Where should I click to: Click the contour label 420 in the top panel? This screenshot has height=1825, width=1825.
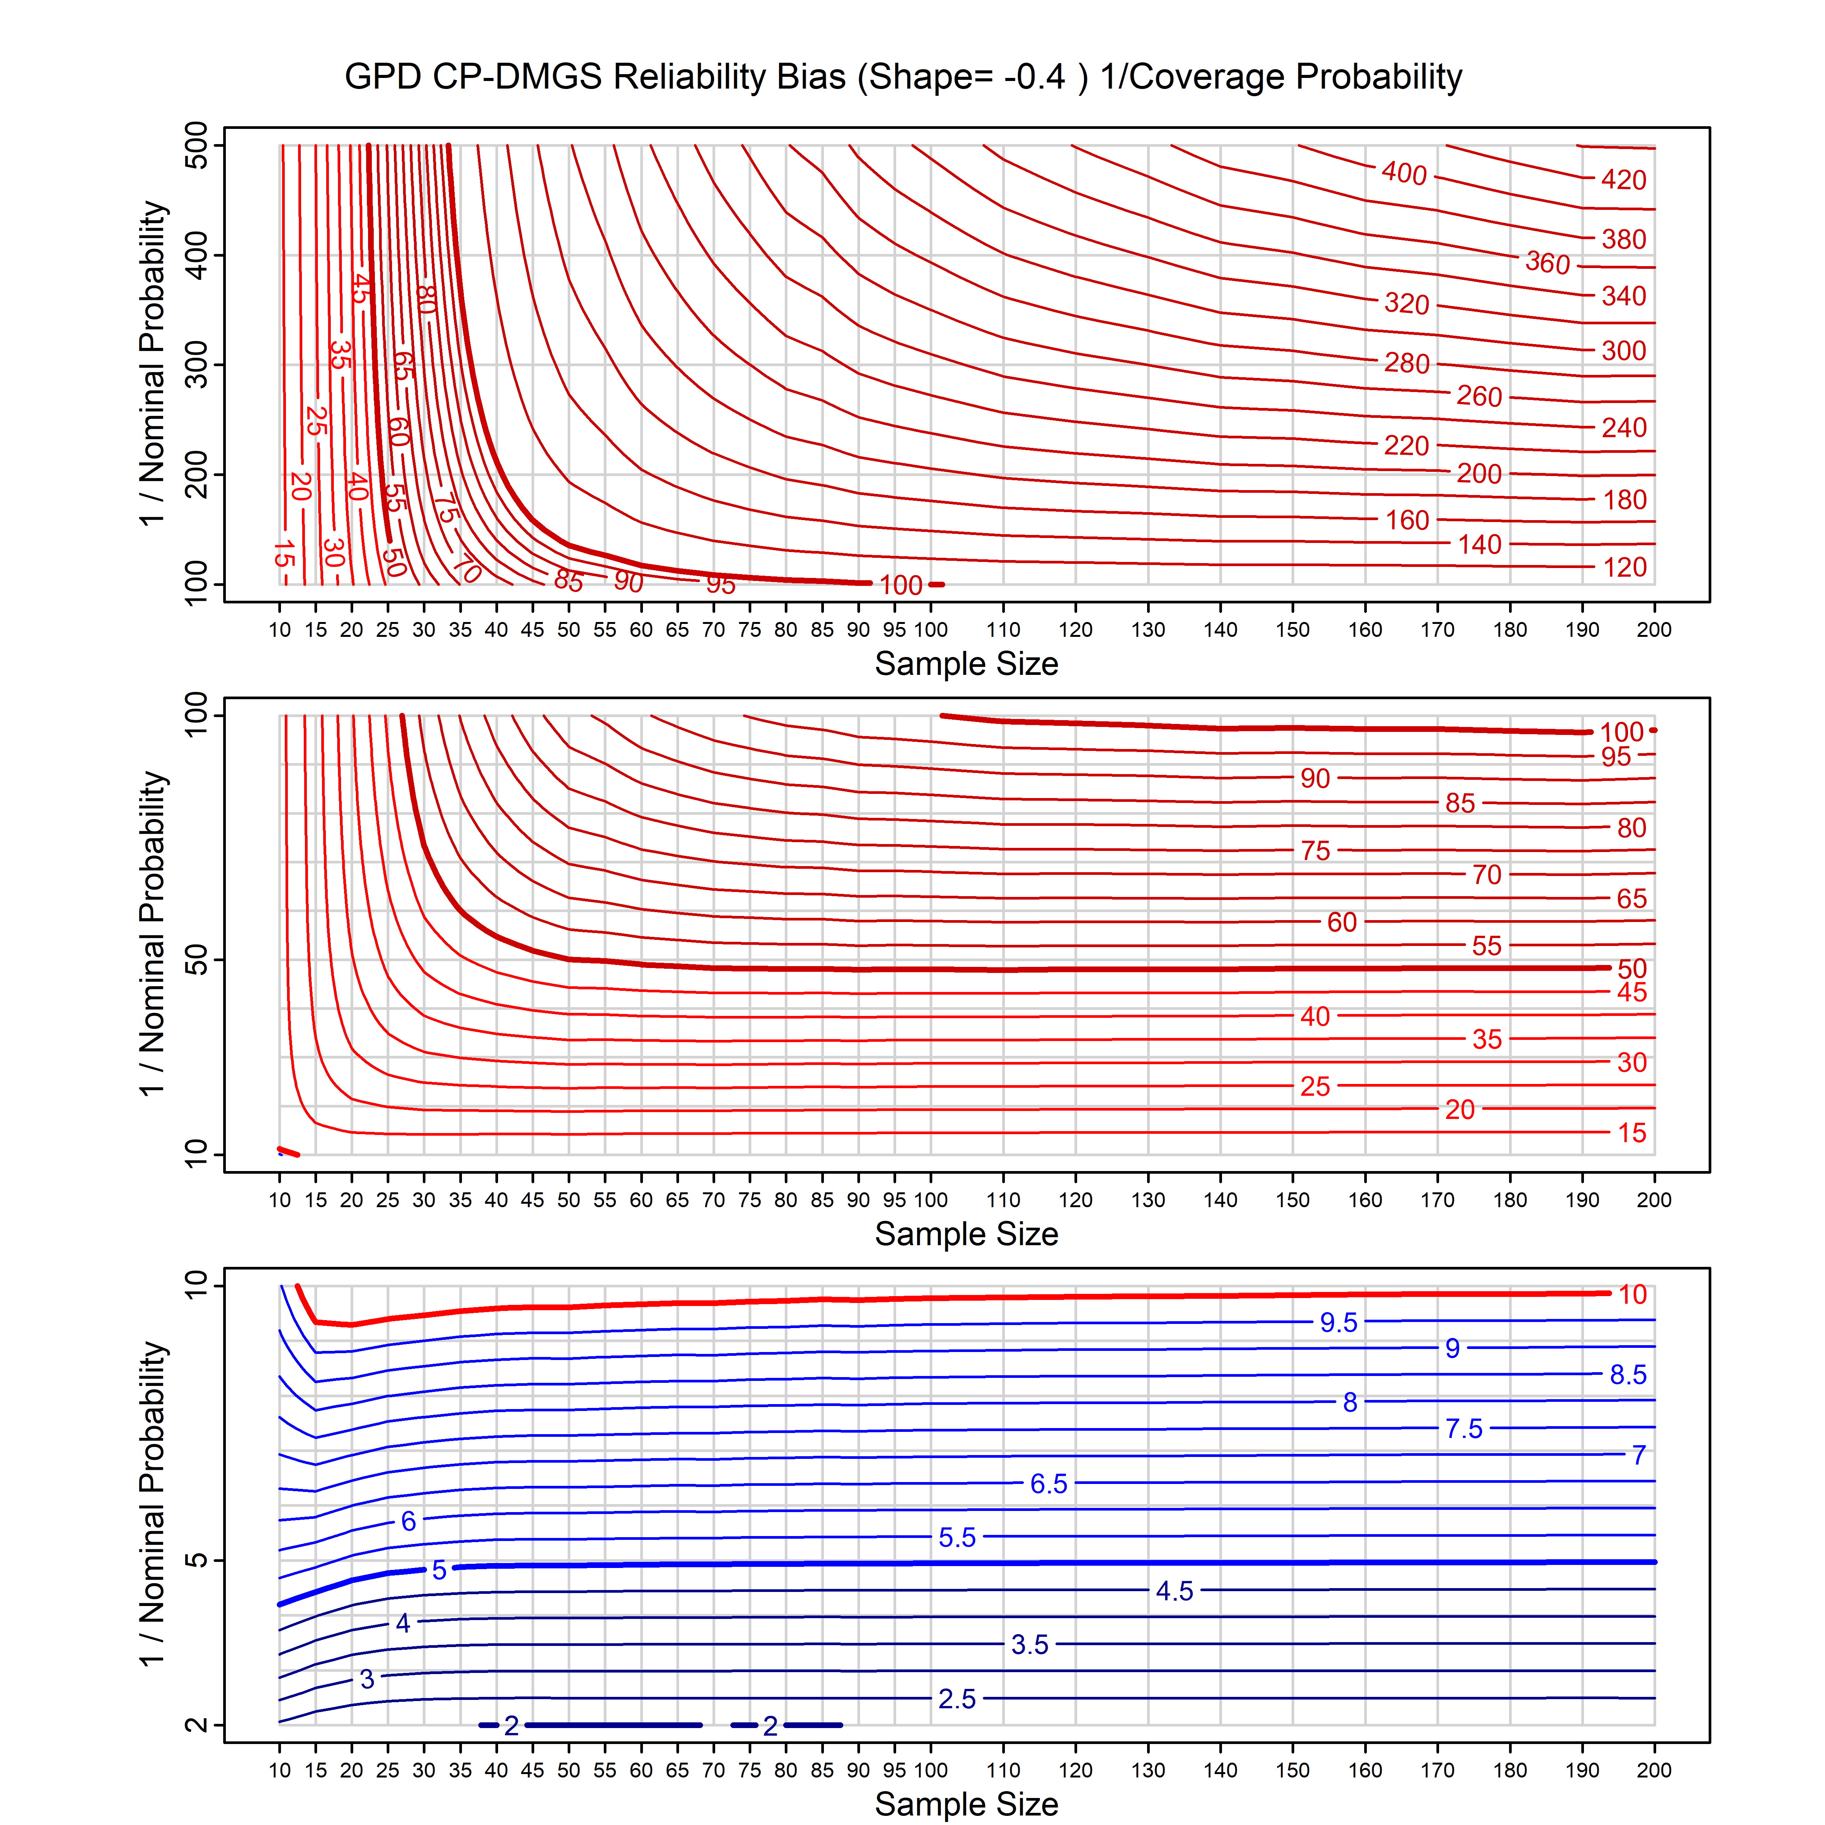(x=1623, y=179)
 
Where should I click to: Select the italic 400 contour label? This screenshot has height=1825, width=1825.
(x=1404, y=173)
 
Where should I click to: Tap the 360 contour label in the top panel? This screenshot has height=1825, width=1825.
(x=1547, y=263)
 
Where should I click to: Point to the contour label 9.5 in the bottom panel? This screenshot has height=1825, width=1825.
(x=1338, y=1322)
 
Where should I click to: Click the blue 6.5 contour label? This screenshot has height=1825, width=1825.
(x=1049, y=1484)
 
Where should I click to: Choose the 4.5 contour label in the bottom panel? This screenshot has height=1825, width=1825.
(x=1174, y=1592)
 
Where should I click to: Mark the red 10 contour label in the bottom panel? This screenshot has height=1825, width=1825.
(x=1632, y=1295)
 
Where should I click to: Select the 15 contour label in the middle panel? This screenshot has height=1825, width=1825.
(x=1631, y=1133)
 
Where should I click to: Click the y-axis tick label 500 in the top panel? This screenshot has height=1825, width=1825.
(x=197, y=146)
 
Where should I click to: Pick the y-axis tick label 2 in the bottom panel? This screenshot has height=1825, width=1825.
(x=197, y=1725)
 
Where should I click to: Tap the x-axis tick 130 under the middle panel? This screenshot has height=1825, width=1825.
(x=1148, y=1201)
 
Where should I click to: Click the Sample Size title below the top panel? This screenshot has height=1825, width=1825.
(x=966, y=664)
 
